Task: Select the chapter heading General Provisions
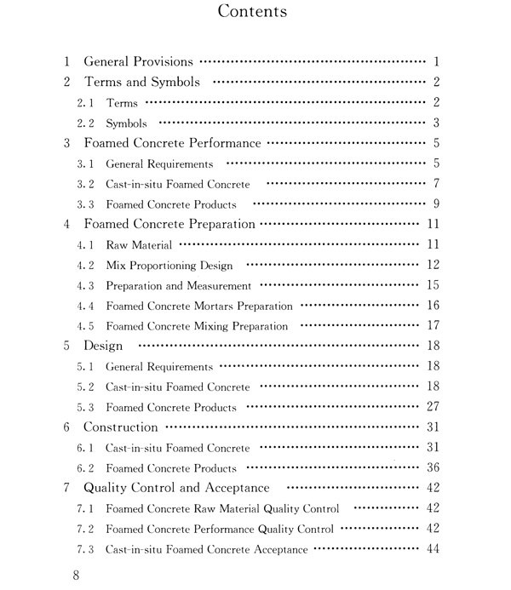tap(139, 61)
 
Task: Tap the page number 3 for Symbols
tap(435, 123)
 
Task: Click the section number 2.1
tap(86, 103)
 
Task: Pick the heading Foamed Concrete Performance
tap(172, 143)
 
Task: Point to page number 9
tap(435, 203)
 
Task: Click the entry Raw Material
tap(139, 245)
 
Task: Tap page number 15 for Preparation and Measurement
tap(431, 285)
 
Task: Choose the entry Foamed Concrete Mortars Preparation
tap(199, 306)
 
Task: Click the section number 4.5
tap(86, 326)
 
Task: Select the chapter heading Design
tap(103, 347)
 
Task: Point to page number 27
tap(431, 407)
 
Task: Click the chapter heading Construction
tap(120, 427)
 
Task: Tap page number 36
tap(431, 467)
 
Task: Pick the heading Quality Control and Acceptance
tap(176, 489)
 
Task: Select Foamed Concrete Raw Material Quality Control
tap(222, 509)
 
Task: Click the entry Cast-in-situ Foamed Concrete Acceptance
tap(207, 549)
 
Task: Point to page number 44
tap(431, 548)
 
